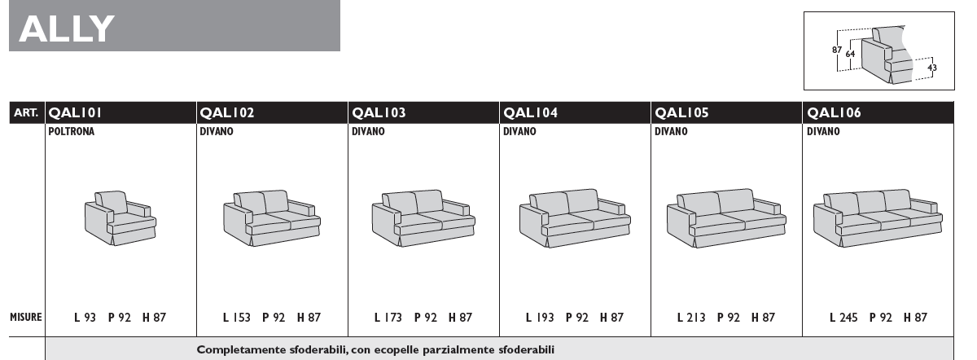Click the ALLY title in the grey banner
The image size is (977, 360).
click(x=67, y=29)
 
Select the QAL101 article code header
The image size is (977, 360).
click(x=75, y=113)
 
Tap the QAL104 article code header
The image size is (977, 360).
click(x=530, y=113)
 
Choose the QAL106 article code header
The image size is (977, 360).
click(x=834, y=113)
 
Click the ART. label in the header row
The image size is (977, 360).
click(x=26, y=113)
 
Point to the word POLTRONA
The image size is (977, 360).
click(x=71, y=131)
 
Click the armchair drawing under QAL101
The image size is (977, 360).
click(x=120, y=217)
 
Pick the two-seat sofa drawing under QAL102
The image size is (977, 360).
click(x=272, y=217)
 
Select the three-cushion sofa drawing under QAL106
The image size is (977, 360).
click(x=878, y=218)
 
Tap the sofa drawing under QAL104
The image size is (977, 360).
click(x=575, y=218)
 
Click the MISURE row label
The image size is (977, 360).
click(x=26, y=317)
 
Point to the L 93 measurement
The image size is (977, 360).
click(x=85, y=318)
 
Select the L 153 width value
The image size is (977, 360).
click(x=237, y=318)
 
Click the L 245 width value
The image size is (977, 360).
click(x=843, y=318)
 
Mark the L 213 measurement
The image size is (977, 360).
click(x=691, y=318)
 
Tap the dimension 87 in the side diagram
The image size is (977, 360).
click(x=837, y=50)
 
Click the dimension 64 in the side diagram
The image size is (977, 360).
click(x=850, y=54)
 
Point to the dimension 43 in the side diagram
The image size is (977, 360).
click(x=932, y=68)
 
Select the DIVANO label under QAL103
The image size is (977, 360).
click(x=368, y=131)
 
